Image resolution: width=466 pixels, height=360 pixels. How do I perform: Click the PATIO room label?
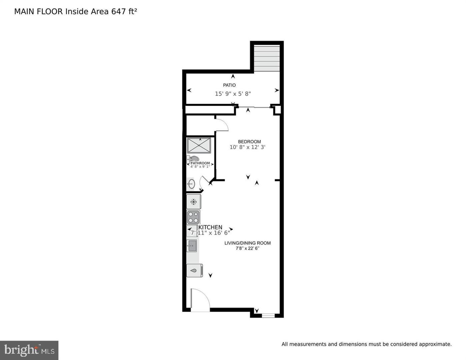point(229,85)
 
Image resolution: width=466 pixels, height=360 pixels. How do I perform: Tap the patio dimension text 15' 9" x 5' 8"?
point(233,94)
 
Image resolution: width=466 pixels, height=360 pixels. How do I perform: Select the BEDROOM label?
point(249,142)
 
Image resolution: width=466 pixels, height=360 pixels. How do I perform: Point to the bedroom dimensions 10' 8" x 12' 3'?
point(247,147)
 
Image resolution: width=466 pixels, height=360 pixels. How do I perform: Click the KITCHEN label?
point(210,227)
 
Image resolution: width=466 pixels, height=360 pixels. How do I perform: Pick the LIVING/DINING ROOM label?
point(247,243)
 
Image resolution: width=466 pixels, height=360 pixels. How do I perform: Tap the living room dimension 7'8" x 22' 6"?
point(247,248)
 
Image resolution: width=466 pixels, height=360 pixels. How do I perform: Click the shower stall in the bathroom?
point(199,146)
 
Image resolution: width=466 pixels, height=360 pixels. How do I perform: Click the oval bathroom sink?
point(191,184)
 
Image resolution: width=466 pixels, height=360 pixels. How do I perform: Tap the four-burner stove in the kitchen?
point(193,217)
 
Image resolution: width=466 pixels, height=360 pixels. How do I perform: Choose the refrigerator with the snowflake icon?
point(193,202)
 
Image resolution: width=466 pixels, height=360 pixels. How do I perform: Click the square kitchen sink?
point(192,246)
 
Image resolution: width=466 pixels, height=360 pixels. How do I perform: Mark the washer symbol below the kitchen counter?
point(194,270)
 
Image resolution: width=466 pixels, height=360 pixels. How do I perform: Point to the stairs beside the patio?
point(267,58)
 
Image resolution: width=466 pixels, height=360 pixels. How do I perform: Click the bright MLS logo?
point(29,350)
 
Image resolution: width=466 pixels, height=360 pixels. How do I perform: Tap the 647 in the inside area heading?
point(118,12)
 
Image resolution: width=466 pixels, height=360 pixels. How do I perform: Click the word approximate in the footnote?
point(435,344)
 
